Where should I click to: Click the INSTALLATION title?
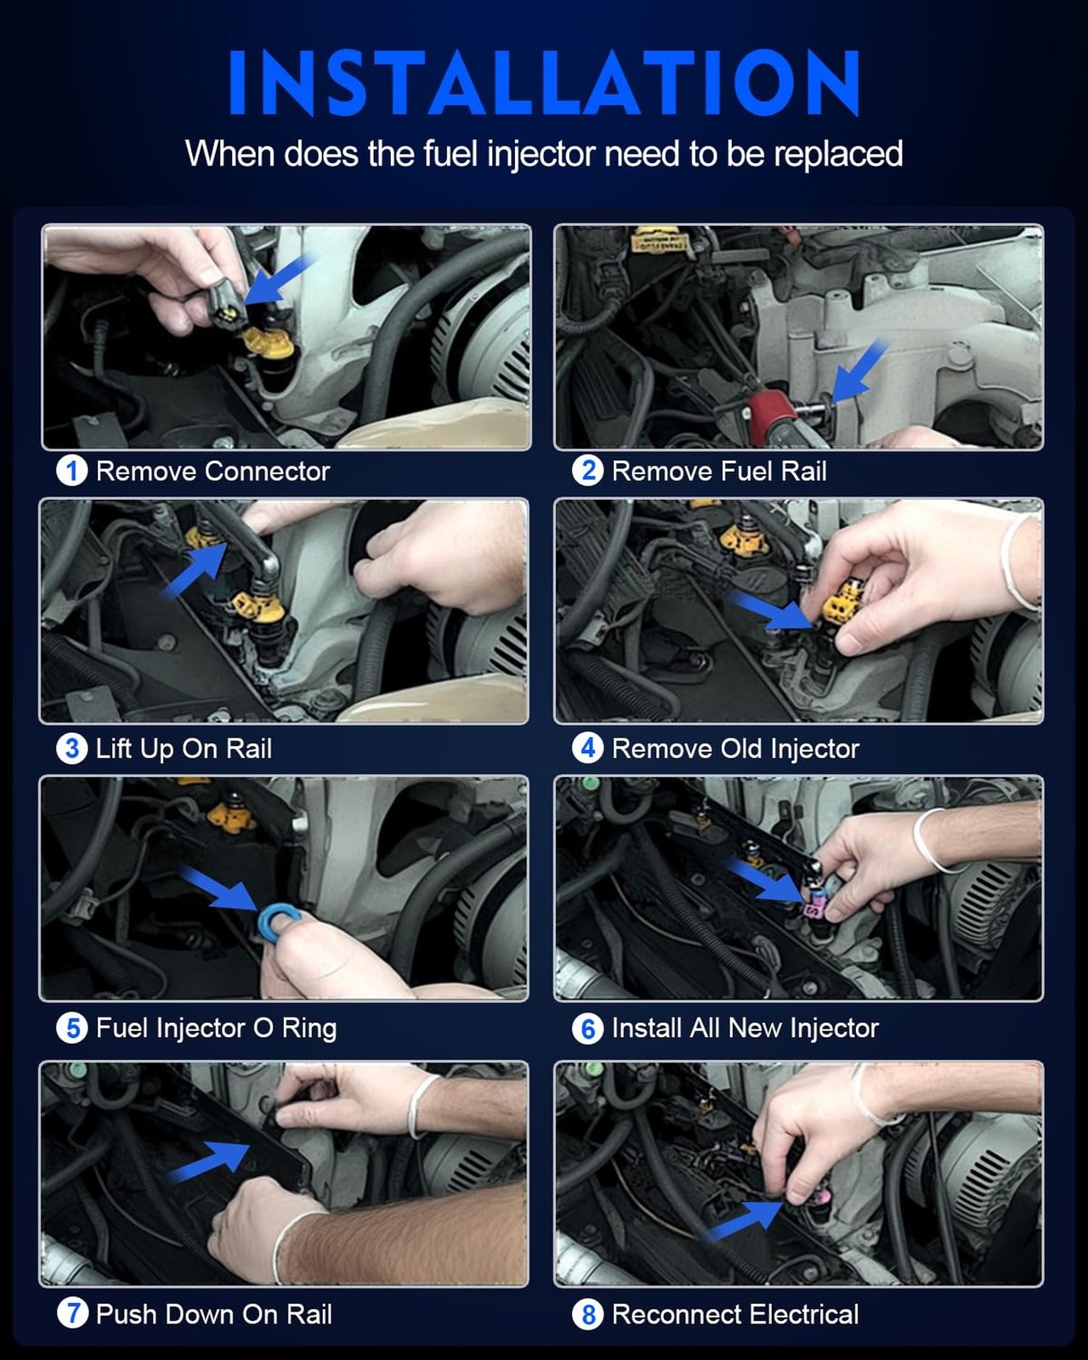click(x=544, y=82)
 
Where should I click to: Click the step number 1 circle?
click(x=71, y=472)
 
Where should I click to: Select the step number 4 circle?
click(x=587, y=748)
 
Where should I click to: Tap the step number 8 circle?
click(x=587, y=1314)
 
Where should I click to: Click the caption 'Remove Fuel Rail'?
click(x=719, y=472)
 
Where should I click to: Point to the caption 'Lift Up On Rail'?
click(x=184, y=749)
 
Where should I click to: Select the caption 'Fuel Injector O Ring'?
click(x=216, y=1028)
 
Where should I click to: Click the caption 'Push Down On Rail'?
click(x=213, y=1314)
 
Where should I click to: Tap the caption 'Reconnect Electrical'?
click(x=735, y=1314)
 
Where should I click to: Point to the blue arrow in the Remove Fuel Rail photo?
click(x=858, y=371)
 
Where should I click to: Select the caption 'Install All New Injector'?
click(x=745, y=1028)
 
